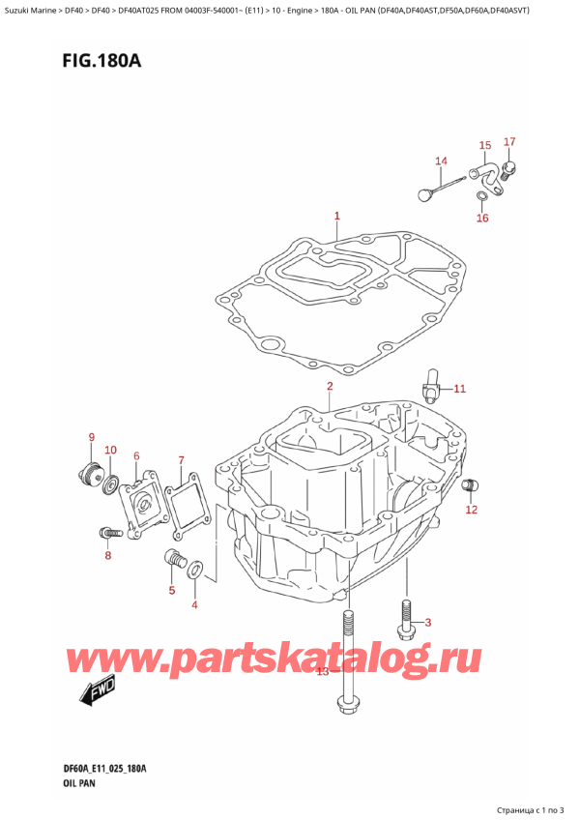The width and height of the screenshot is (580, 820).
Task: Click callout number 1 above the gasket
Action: [336, 216]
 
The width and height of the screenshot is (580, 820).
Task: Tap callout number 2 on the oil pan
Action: [330, 387]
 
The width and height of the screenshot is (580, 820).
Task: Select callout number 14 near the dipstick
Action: [441, 161]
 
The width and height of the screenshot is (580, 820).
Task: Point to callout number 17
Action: [509, 143]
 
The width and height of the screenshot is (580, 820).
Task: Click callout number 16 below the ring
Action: [482, 219]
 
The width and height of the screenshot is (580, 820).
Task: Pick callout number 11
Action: [459, 389]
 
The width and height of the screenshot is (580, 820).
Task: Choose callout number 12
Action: [471, 510]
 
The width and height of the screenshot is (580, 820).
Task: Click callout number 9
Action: [92, 437]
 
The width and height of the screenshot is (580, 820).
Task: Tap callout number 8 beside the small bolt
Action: [108, 555]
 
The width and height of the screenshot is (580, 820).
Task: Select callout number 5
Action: [173, 591]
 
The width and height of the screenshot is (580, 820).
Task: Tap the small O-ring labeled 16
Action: [481, 199]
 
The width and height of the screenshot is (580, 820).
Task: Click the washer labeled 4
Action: [196, 571]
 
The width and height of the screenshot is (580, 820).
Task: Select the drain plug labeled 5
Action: [176, 559]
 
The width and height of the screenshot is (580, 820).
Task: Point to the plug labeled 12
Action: [471, 485]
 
